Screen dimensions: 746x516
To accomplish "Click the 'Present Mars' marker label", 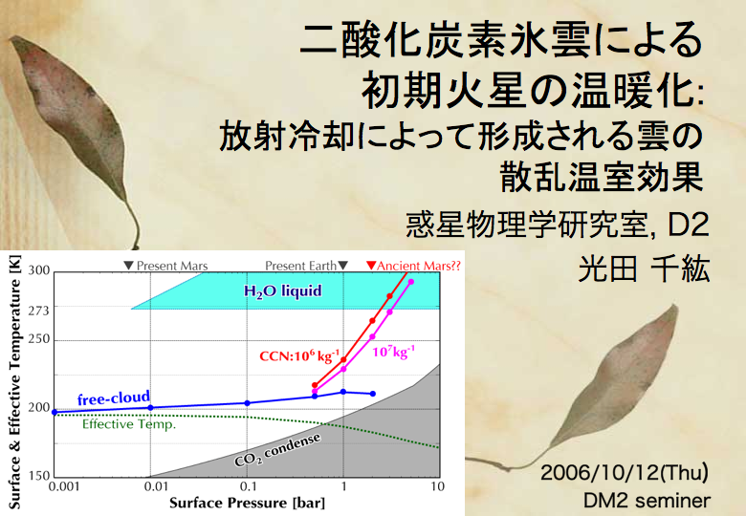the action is (x=166, y=266).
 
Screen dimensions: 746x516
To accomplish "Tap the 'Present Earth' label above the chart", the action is (x=306, y=266).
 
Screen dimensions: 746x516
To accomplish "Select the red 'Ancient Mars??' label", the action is (x=413, y=266).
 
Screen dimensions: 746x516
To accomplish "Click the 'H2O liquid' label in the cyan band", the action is (x=282, y=290).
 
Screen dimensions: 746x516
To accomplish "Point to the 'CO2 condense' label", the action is (x=277, y=450).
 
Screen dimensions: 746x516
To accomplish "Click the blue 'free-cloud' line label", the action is (x=114, y=398).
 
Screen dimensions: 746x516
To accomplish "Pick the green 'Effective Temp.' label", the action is (x=129, y=424).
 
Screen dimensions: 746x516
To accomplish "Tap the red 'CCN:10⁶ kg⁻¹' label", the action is (x=299, y=355).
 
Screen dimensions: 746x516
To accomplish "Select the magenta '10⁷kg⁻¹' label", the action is (x=393, y=352).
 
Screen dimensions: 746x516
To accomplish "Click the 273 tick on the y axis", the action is (x=38, y=311).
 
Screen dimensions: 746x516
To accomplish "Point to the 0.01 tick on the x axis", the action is (x=156, y=486).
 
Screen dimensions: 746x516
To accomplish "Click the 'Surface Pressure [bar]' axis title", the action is (x=247, y=503).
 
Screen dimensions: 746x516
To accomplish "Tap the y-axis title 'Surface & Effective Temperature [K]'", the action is (x=14, y=381).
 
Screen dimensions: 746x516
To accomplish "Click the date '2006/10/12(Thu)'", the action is (x=625, y=473).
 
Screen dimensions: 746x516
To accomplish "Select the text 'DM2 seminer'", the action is (x=647, y=501).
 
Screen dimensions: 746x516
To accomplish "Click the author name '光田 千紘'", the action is (x=644, y=269).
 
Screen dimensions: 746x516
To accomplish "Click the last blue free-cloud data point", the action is (x=373, y=394).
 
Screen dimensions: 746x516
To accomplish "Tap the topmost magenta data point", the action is (x=411, y=282).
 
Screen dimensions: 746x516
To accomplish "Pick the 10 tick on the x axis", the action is (x=438, y=486).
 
